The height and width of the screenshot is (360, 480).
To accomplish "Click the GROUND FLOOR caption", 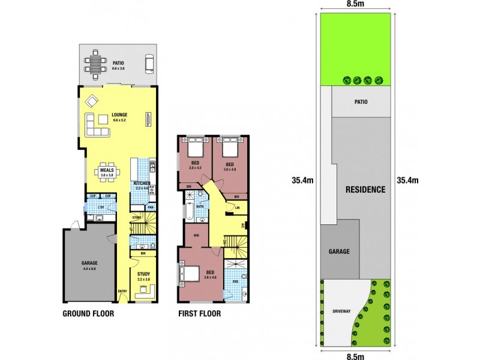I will [88, 313].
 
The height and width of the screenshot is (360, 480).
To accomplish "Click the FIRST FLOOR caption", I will [200, 313].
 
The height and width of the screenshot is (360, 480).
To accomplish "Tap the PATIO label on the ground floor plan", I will [118, 62].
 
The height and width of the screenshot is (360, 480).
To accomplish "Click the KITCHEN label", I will [142, 182].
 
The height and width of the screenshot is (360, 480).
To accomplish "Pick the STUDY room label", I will [144, 274].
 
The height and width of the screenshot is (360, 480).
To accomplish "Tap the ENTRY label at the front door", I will [122, 292].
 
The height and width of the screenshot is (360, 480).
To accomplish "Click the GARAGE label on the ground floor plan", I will [89, 263].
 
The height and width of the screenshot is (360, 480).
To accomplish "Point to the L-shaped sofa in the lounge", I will [96, 124].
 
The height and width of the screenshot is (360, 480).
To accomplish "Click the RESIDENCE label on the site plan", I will [365, 190].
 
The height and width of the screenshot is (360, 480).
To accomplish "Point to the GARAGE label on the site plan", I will [338, 251].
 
